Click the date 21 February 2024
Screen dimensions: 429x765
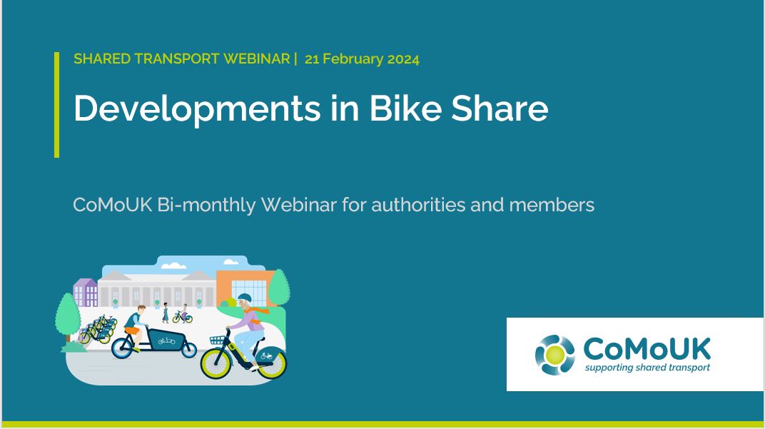(x=362, y=59)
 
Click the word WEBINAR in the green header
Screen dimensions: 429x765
(x=256, y=59)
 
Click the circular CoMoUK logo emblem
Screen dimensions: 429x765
(x=554, y=355)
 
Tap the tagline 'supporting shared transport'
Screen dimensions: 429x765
(x=647, y=368)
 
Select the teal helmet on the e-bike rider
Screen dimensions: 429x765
(x=244, y=298)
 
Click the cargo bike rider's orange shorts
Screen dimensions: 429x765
(x=133, y=330)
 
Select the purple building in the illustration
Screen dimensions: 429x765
(x=86, y=293)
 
